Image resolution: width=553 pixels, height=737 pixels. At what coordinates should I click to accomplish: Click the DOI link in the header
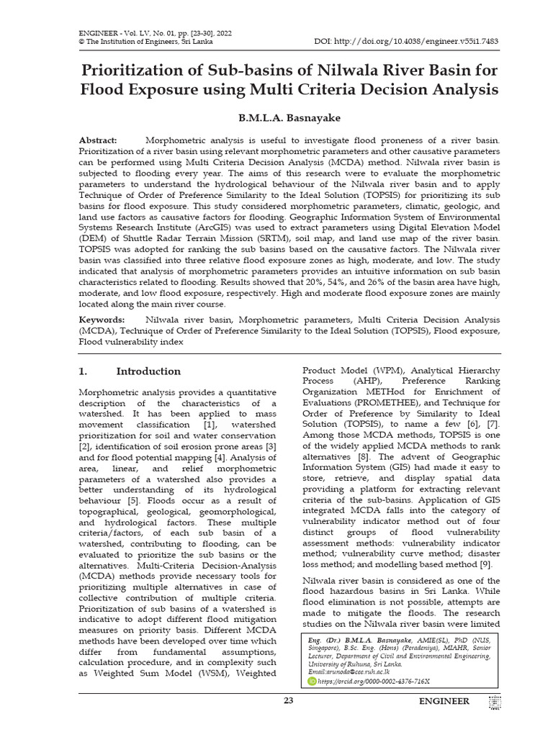tap(413, 41)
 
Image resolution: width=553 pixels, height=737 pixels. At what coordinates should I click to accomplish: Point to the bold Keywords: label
tap(102, 320)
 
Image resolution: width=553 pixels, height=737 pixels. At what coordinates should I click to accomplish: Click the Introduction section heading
tap(148, 371)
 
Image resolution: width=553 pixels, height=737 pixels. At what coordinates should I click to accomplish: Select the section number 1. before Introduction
tap(83, 371)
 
